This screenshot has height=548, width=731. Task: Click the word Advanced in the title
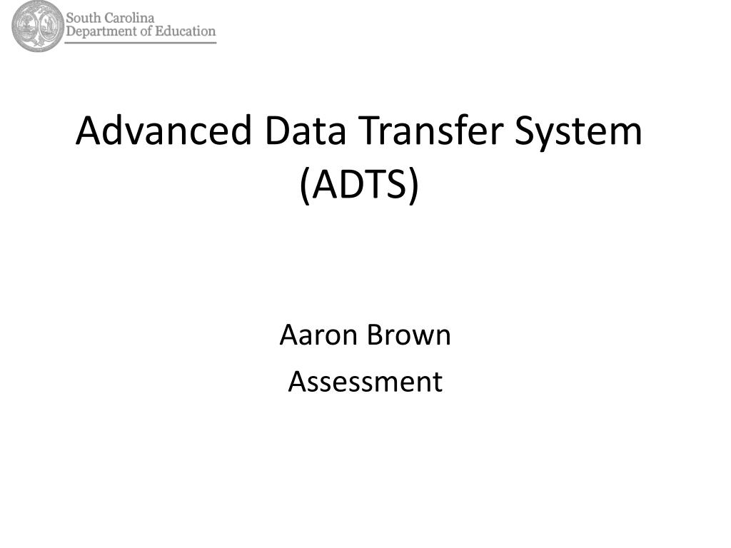(164, 131)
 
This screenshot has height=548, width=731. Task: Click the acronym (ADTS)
(360, 185)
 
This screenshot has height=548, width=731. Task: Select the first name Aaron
(319, 335)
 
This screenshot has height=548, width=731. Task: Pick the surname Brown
(408, 335)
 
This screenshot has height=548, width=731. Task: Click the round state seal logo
(37, 26)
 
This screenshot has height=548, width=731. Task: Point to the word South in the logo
(84, 18)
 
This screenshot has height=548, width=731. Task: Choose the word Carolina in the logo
(129, 18)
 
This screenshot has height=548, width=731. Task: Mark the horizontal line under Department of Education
(141, 42)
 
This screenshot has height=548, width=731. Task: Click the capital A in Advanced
(89, 131)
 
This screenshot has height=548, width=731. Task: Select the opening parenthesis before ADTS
(305, 186)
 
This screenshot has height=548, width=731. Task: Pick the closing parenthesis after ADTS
(414, 186)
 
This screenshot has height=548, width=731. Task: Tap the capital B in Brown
(375, 335)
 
